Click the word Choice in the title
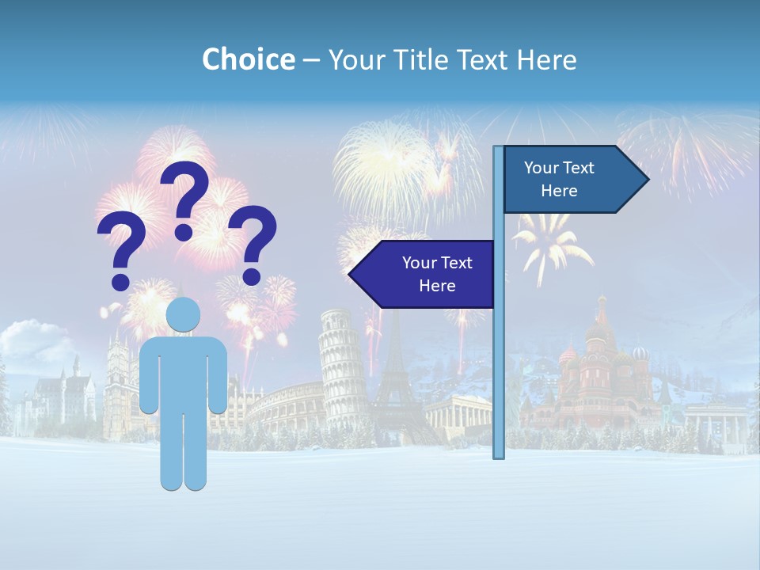click(248, 59)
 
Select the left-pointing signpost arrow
click(424, 274)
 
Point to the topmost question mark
click(186, 198)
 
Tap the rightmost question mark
click(253, 244)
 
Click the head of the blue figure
click(183, 314)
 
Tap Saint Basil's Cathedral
click(602, 372)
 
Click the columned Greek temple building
click(459, 412)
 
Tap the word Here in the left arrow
click(437, 286)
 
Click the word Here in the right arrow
click(559, 191)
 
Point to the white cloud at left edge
click(32, 340)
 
